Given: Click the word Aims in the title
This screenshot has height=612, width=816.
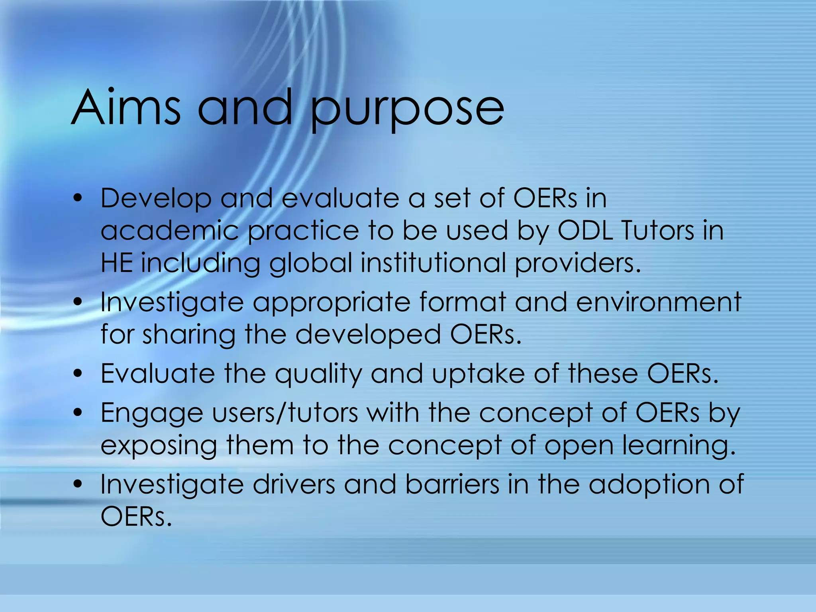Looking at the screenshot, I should [126, 108].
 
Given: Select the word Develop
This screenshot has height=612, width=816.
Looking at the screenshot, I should [156, 199].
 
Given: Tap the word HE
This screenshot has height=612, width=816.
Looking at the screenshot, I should [116, 263].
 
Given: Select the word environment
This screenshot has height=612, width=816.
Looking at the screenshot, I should [658, 302].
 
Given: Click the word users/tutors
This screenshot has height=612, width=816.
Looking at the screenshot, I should [285, 413].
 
